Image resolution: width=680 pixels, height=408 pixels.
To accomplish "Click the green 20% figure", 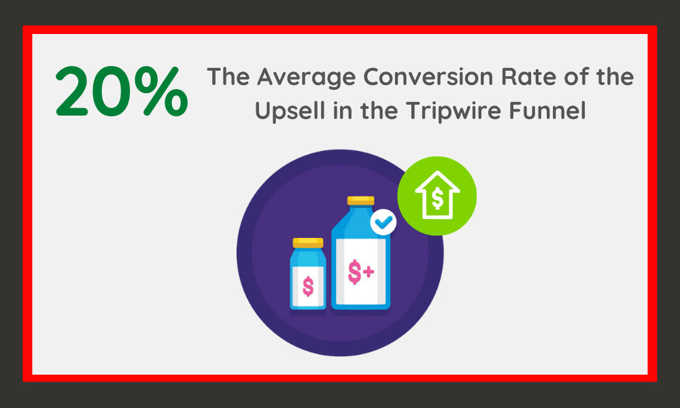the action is pyautogui.click(x=122, y=91).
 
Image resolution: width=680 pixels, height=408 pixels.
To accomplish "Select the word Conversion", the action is pyautogui.click(x=428, y=77).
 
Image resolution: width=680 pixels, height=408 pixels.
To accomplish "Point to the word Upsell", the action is pyautogui.click(x=290, y=112).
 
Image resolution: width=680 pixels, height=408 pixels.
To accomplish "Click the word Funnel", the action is pyautogui.click(x=547, y=111).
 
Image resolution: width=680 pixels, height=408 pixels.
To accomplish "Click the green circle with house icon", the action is pyautogui.click(x=437, y=196).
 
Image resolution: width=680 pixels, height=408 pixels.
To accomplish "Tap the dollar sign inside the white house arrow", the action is pyautogui.click(x=437, y=199).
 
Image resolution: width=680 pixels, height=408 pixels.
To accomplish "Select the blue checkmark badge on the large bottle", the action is pyautogui.click(x=384, y=222).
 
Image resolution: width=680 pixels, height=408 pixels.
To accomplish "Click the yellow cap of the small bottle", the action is pyautogui.click(x=308, y=243).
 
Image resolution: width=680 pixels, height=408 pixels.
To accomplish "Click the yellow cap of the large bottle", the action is pyautogui.click(x=360, y=201).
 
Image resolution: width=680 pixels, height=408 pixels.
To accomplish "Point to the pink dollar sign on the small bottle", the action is pyautogui.click(x=308, y=286).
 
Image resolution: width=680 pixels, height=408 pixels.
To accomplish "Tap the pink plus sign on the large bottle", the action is pyautogui.click(x=369, y=272).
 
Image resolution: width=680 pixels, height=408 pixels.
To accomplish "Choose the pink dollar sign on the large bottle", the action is pyautogui.click(x=355, y=272).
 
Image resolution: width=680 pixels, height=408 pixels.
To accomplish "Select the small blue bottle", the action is pyautogui.click(x=308, y=273).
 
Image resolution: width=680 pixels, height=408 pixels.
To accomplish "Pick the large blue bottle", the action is pyautogui.click(x=361, y=253).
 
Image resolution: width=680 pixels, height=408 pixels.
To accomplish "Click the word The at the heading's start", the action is pyautogui.click(x=228, y=77).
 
